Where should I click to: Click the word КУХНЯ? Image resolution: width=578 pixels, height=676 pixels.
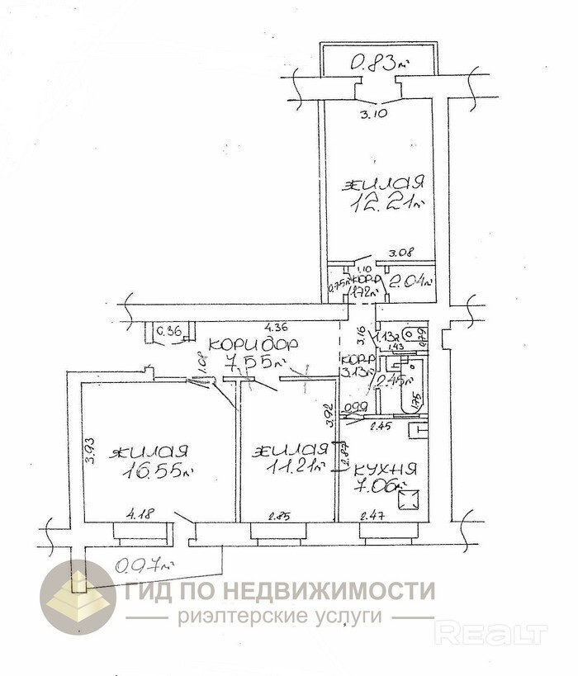pyautogui.click(x=386, y=469)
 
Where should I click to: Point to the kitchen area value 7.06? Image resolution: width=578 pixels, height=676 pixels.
pyautogui.click(x=386, y=487)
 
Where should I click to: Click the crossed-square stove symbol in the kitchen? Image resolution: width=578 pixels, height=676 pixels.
pyautogui.click(x=411, y=499)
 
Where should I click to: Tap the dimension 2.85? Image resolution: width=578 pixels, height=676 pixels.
pyautogui.click(x=281, y=518)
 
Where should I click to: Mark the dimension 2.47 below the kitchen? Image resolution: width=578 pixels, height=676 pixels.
pyautogui.click(x=374, y=518)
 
